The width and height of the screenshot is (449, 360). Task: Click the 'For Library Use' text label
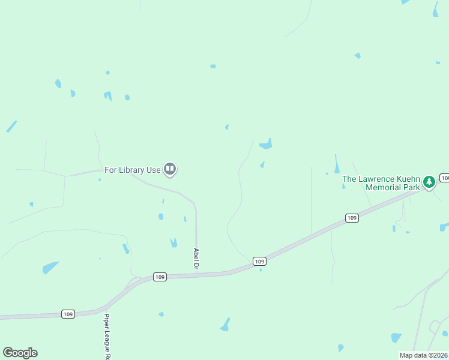coord(133,170)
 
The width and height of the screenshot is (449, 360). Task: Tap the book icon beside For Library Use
coord(170,170)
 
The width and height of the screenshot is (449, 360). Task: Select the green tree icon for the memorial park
coord(429,181)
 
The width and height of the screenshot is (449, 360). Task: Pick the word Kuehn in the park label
coord(408,179)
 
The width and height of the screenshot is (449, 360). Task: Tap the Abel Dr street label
coord(196,259)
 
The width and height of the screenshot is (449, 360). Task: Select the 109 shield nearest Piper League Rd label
coord(68,314)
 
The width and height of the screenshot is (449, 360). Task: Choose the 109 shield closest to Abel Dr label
coord(159,277)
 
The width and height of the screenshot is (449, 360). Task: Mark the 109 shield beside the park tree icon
coord(445,178)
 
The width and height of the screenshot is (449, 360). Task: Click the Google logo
coord(20,353)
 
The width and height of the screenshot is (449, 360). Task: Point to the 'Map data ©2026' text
coord(424,355)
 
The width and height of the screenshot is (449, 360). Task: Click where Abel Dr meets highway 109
coord(197,275)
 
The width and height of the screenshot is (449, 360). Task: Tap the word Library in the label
coord(132,170)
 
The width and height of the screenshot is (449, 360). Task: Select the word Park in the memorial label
coord(411,187)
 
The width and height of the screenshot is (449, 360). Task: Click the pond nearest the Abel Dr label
coord(173,243)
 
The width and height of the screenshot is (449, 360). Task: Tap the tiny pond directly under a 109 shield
coord(261,270)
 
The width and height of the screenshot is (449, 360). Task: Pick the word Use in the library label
coord(153,170)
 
